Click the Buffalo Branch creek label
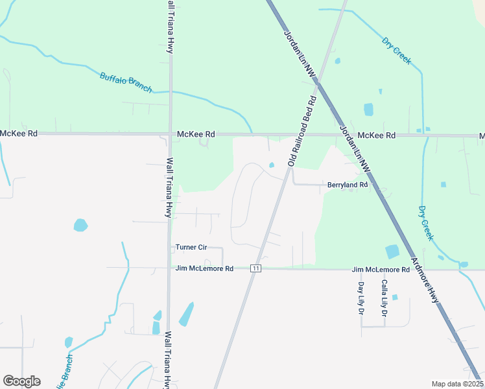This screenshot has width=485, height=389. point(126,82)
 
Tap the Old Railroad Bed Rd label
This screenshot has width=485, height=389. point(302,131)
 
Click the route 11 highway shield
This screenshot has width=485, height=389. point(256,268)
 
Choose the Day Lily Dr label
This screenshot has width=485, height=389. point(361,298)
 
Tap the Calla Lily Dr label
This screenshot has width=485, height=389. point(384,298)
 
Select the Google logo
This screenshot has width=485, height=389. point(21,381)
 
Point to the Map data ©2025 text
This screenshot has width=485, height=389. point(457,384)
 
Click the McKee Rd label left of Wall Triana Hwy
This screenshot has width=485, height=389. point(19,133)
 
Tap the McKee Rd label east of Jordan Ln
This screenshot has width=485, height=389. point(377,136)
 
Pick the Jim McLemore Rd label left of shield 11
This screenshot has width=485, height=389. point(204,268)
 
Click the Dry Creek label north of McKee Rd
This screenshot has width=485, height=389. point(396,51)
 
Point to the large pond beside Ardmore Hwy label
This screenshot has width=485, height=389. point(392,252)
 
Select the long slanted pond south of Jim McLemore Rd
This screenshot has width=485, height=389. point(186,314)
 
